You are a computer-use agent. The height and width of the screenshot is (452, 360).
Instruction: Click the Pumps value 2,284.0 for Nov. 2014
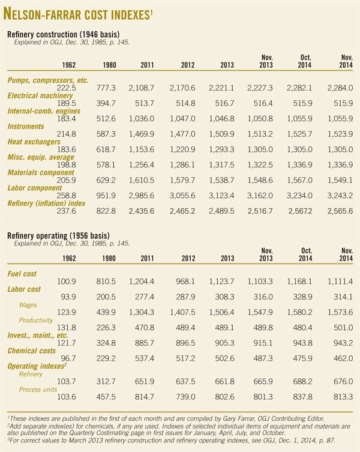[x=340, y=88]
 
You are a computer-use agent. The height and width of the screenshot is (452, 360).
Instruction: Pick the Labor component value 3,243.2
[x=340, y=195]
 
